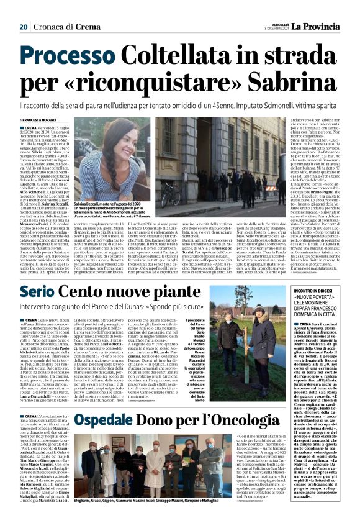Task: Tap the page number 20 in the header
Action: click(24, 9)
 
